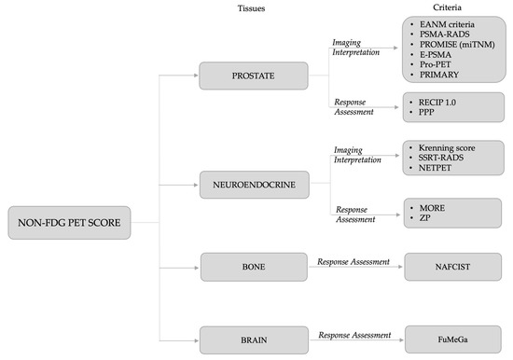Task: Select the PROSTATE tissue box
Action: click(x=253, y=76)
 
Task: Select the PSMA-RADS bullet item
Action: click(x=443, y=33)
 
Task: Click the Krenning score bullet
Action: click(x=447, y=147)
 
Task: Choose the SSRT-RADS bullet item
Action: click(x=442, y=159)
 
